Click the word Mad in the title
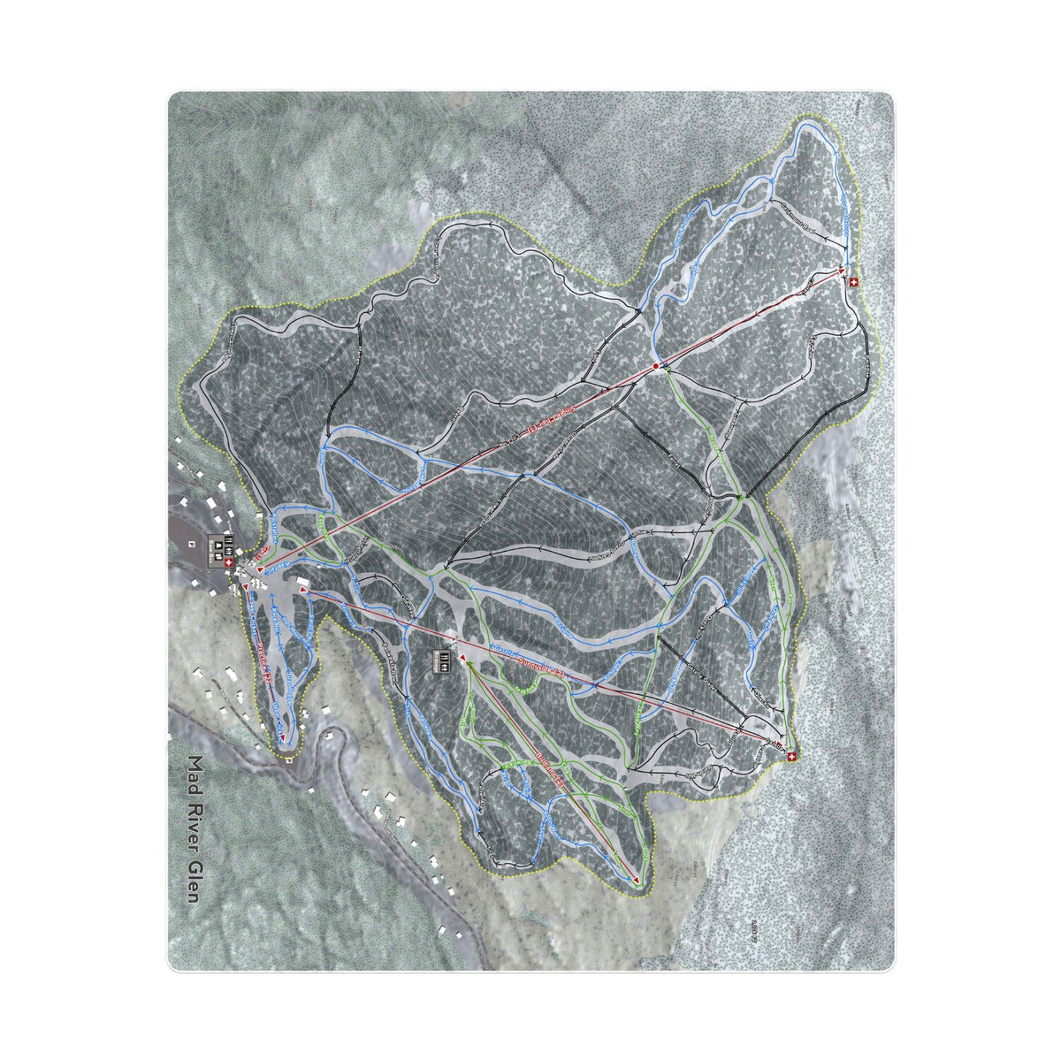195,774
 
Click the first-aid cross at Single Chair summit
853,282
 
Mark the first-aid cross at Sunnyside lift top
791,757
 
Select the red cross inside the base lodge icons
229,562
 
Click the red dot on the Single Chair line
655,365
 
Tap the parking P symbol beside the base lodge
192,543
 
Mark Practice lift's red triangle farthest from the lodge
283,736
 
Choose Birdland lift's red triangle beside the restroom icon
463,659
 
